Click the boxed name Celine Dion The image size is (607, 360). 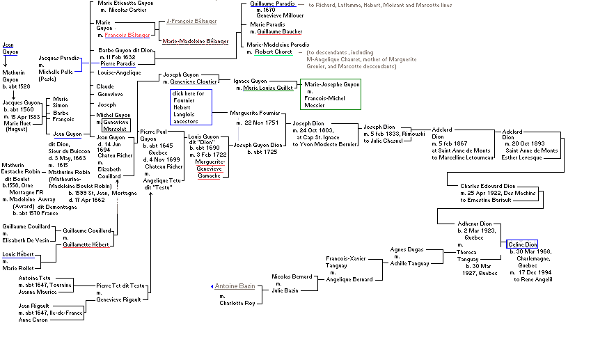[x=521, y=244]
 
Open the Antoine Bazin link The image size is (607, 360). [x=236, y=286]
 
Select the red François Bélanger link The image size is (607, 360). [x=127, y=35]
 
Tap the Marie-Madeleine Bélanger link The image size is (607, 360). [x=196, y=41]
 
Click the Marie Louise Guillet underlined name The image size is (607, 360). [x=269, y=88]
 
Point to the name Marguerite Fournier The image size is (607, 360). [x=255, y=112]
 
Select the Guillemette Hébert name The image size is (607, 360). [x=87, y=244]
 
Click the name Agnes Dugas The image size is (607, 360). [x=406, y=249]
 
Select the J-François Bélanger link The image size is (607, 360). [x=193, y=22]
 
